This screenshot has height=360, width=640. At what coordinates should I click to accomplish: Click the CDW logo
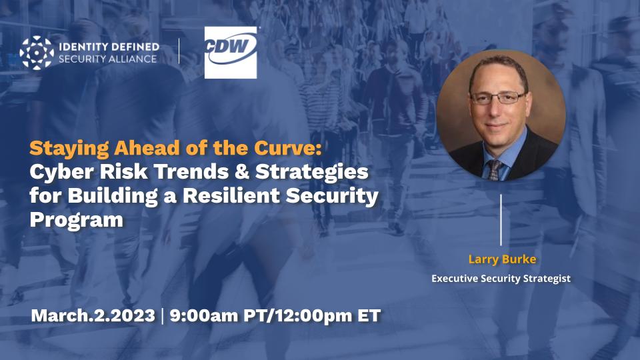[231, 53]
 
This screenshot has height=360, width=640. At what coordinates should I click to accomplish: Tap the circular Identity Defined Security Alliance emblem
[37, 53]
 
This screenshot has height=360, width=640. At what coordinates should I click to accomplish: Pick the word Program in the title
[77, 221]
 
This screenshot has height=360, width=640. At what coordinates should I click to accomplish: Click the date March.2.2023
[92, 315]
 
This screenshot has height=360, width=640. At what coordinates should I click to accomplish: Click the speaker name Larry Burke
[501, 259]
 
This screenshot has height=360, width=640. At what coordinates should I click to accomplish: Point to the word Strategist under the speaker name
[545, 279]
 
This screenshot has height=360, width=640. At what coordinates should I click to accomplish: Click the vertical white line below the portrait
[501, 220]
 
